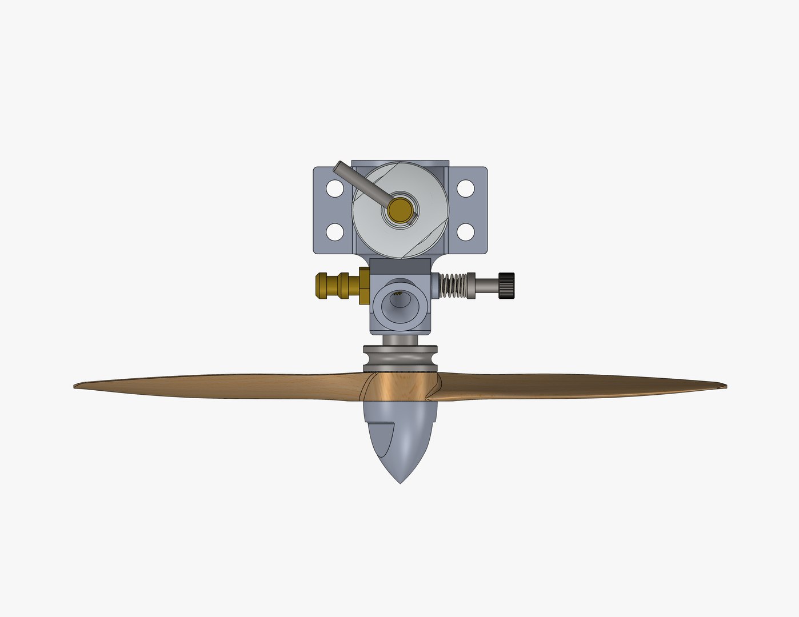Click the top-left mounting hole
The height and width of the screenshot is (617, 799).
coord(334,187)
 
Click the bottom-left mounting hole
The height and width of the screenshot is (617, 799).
coord(334,231)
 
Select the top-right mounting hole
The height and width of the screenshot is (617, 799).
coord(466,187)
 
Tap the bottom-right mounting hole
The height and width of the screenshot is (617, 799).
coord(466,231)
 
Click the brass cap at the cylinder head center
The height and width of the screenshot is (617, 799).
coord(400,210)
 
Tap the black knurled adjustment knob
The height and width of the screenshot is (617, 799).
coord(506,285)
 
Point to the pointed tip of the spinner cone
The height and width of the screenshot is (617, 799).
coord(400,482)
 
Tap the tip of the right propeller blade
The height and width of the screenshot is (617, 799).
coord(724,386)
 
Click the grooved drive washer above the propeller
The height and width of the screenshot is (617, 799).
coord(400,357)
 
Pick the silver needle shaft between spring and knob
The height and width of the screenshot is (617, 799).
coord(486,285)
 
